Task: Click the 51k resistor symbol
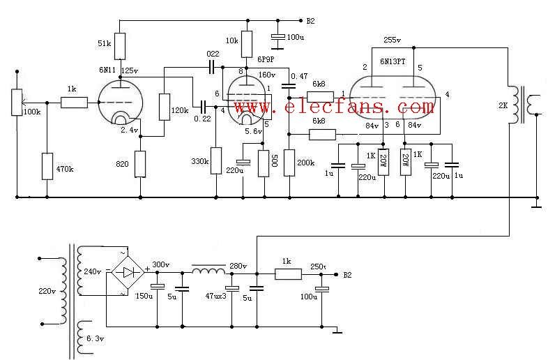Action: (119, 46)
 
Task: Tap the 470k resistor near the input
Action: (47, 166)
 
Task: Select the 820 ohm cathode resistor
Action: (140, 164)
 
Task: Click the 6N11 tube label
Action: (107, 70)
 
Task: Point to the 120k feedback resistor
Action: (165, 107)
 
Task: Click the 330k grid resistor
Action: (216, 160)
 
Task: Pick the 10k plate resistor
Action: (247, 44)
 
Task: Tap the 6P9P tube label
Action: (266, 59)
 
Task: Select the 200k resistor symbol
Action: (289, 163)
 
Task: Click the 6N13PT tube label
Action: (393, 61)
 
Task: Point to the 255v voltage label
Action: (392, 40)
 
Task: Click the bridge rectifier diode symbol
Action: (128, 272)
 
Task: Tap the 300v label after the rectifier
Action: (161, 264)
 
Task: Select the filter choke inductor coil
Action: (209, 270)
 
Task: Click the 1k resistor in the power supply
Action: (288, 274)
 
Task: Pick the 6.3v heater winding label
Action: (95, 338)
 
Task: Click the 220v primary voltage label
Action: (47, 291)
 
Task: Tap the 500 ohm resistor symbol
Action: (264, 163)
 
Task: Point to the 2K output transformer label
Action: (503, 105)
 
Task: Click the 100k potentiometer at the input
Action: (17, 102)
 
